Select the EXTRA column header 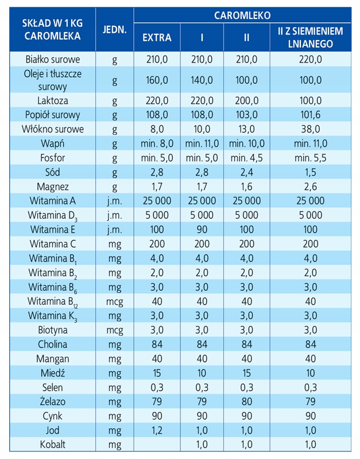[157, 38]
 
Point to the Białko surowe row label [53, 59]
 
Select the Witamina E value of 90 [202, 229]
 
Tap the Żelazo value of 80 [246, 402]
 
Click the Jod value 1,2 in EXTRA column [157, 430]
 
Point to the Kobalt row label [53, 445]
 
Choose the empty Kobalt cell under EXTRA [157, 445]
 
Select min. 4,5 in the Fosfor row [246, 158]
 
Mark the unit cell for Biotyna [114, 330]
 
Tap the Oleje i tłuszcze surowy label [53, 80]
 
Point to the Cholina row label [53, 344]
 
